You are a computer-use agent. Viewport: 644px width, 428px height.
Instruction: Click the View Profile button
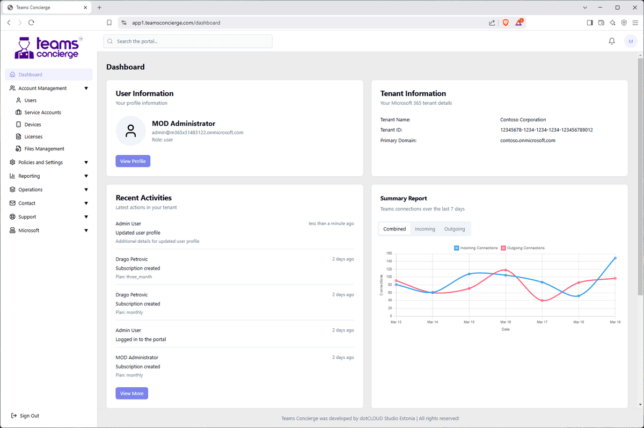pos(133,161)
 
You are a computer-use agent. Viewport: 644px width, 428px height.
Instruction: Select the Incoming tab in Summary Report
pos(425,229)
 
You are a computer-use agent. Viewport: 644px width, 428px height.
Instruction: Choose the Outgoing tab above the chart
pos(454,229)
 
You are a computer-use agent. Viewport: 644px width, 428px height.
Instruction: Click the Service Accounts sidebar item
pos(42,112)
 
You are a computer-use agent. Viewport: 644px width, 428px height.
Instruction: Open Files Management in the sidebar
pos(44,149)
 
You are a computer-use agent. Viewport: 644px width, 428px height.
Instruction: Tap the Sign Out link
pos(29,416)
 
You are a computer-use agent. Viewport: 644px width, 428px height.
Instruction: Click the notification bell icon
pos(611,41)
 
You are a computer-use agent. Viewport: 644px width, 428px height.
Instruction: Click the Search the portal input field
pos(188,41)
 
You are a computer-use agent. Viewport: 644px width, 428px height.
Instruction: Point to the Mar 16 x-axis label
pos(506,322)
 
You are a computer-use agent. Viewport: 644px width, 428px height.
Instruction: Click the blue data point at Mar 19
pos(615,258)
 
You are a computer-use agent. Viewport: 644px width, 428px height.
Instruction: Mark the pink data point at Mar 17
pos(542,301)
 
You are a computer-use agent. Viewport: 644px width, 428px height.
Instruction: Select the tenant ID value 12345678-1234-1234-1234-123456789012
pos(546,130)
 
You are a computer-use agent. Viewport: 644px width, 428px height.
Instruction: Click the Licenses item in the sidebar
pos(33,136)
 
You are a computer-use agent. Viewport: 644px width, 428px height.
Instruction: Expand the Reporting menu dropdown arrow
pos(86,176)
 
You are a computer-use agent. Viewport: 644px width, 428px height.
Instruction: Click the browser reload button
pos(31,23)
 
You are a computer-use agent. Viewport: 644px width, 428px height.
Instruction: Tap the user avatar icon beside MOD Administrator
pos(130,131)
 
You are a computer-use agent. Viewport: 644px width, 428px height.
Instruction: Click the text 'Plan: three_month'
pos(134,277)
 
